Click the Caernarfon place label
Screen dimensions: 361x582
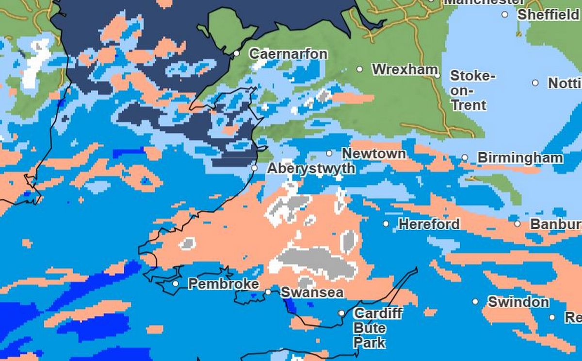point(288,54)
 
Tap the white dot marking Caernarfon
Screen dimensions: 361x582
point(237,53)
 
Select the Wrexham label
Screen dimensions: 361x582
point(404,70)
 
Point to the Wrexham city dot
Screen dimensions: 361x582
point(359,69)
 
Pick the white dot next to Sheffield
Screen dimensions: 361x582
point(505,15)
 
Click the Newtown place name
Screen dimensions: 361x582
point(374,154)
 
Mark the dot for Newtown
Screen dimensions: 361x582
point(329,153)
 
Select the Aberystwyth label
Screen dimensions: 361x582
point(311,169)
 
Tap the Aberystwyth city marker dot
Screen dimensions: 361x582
point(255,168)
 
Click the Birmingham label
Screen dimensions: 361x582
point(520,158)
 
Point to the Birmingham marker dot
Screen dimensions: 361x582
point(465,157)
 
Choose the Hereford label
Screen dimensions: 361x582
point(429,224)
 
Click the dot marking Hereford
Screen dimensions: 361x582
point(386,224)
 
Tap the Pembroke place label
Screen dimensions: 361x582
point(223,284)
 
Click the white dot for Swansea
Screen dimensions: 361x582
point(268,292)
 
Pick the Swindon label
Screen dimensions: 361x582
point(518,302)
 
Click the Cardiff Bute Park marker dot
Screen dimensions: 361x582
point(341,313)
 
